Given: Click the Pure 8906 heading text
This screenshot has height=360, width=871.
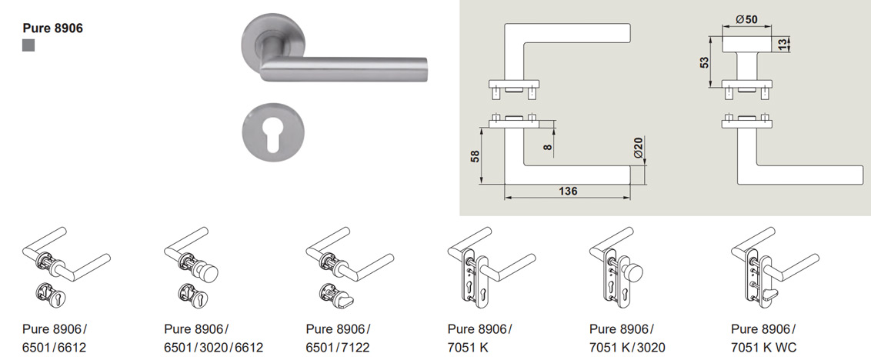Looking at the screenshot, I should point(53,28).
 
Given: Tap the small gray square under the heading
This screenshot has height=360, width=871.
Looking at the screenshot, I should point(29,46).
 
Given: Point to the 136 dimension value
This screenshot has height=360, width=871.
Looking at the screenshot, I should point(568,191).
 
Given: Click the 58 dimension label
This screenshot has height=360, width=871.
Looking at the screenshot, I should point(475,155).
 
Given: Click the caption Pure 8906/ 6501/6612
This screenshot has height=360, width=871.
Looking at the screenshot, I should point(55,338).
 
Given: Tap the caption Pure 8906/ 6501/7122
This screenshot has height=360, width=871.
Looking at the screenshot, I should point(339,338).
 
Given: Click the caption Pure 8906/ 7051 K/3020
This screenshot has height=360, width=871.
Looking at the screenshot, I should point(627,338).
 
